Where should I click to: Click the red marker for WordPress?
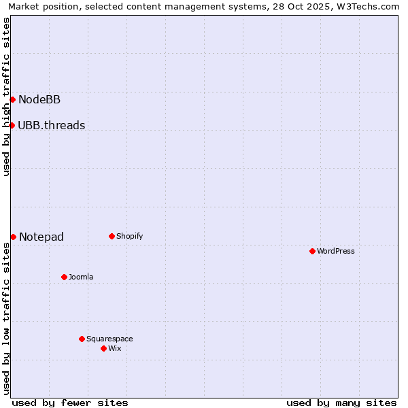[312, 251]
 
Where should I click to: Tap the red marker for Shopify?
[112, 236]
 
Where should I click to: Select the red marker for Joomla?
[64, 277]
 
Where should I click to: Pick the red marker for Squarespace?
[82, 339]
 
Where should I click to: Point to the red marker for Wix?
[103, 348]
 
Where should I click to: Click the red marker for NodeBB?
[12, 100]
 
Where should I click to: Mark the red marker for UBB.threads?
[12, 125]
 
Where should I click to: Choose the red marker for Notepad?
[13, 237]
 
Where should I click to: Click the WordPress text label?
[336, 251]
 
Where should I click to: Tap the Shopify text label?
[130, 236]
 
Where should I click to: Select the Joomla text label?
[81, 277]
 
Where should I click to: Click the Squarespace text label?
[109, 339]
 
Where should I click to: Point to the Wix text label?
[115, 348]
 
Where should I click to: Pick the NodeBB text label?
[39, 100]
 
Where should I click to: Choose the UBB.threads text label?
[52, 125]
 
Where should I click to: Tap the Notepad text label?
[41, 237]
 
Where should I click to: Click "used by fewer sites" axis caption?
[70, 403]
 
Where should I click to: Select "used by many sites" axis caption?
[341, 403]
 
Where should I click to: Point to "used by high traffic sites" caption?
[7, 97]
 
